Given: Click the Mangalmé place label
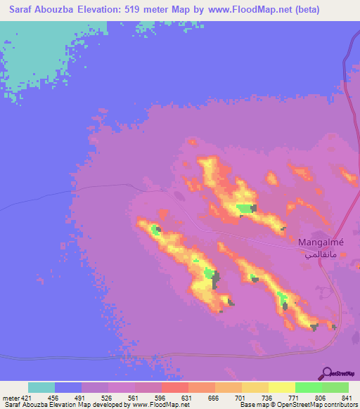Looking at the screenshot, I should [320, 243].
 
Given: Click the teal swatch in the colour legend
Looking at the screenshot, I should [41, 387].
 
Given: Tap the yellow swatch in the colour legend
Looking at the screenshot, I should [281, 387].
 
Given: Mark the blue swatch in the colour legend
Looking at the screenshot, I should [68, 387].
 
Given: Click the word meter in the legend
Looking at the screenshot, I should [10, 397].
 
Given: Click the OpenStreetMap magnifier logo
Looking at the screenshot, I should [327, 372].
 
